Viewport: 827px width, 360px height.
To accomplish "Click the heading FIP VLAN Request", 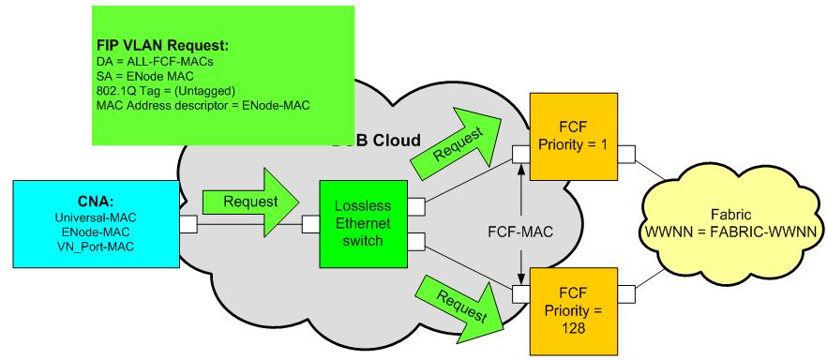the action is click(163, 45).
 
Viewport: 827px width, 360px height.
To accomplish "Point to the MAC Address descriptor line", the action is click(203, 105).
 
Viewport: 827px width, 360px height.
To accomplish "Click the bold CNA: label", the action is click(96, 202).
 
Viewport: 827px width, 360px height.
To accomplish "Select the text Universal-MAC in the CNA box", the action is click(96, 217).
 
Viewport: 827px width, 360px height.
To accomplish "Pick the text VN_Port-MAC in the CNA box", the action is click(96, 246).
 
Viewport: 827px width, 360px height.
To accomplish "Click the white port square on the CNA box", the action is click(188, 224).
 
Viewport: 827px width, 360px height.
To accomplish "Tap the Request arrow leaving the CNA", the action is click(251, 202).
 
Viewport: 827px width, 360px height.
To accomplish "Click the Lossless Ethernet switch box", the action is click(364, 223).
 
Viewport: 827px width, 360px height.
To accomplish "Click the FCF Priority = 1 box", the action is click(573, 137).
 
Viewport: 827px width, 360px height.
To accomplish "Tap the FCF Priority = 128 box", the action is click(573, 311).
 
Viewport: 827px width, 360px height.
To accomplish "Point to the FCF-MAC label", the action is click(521, 232).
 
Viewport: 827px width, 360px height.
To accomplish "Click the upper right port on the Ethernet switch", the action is click(416, 206).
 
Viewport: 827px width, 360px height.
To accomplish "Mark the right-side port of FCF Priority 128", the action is click(626, 293).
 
